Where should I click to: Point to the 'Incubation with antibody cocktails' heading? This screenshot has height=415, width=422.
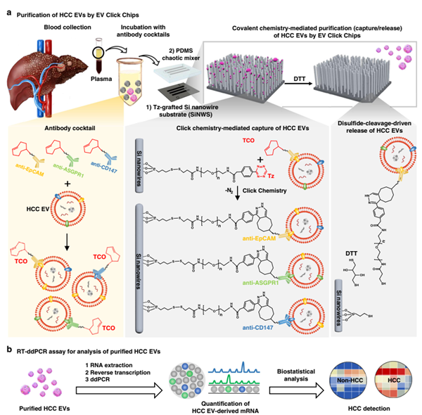141,31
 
